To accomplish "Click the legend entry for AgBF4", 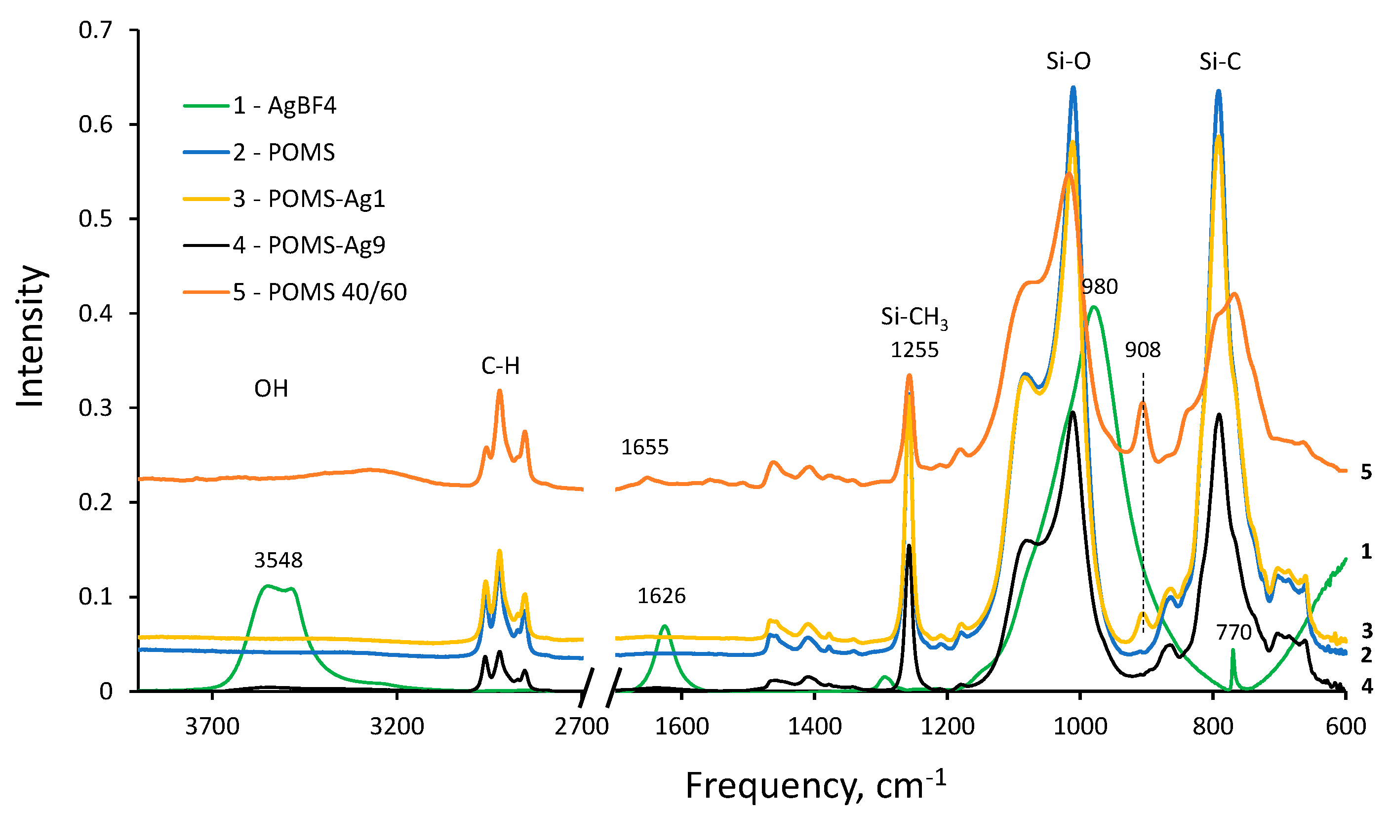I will point(284,105).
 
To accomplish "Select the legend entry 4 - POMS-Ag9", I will point(309,245).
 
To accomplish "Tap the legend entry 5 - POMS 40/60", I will point(319,292).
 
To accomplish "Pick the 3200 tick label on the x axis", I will point(397,727).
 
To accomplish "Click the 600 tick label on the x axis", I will point(1346,727).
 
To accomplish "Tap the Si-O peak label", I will point(1069,61).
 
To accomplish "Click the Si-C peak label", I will point(1220,61).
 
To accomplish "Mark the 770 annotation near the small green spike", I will point(1233,632).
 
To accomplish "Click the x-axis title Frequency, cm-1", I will point(815,785).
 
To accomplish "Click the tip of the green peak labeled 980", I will point(1094,307).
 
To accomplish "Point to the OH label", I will point(271,389).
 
